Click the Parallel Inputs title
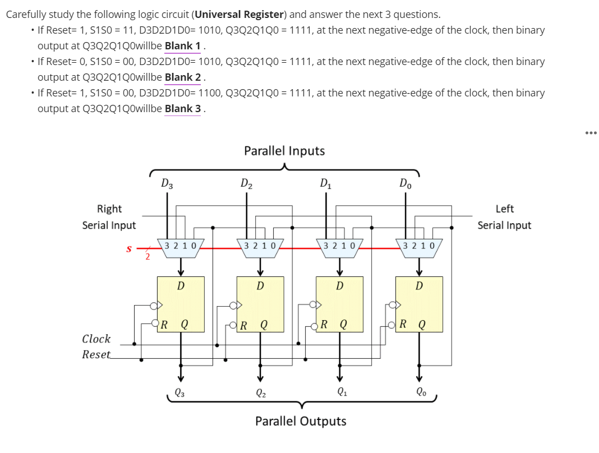click(284, 151)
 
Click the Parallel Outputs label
click(301, 421)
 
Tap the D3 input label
click(167, 183)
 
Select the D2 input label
click(246, 183)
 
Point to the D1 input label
click(325, 183)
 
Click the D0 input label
click(404, 183)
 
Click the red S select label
click(129, 247)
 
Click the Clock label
click(96, 339)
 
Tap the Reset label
click(96, 354)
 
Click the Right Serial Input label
click(109, 217)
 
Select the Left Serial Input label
click(504, 217)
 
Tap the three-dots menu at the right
click(591, 133)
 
